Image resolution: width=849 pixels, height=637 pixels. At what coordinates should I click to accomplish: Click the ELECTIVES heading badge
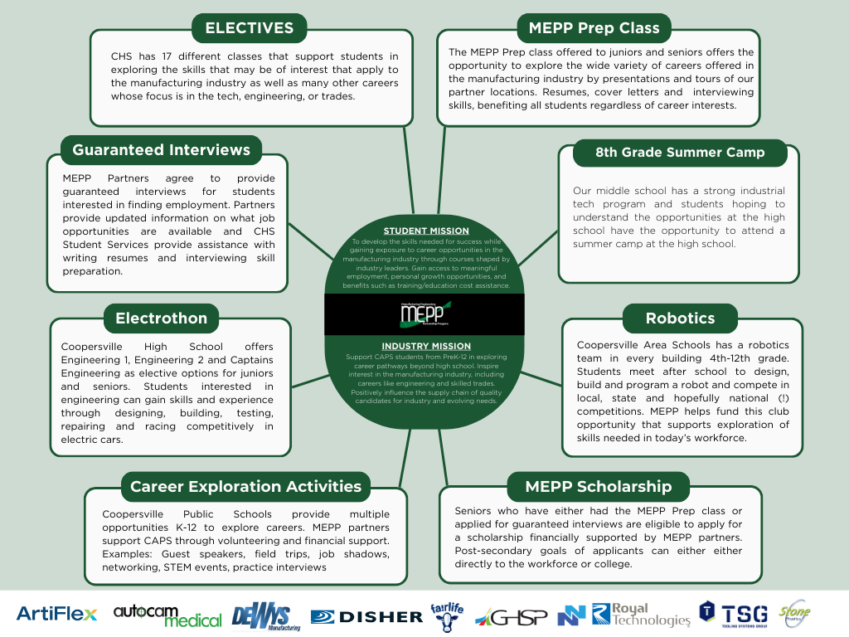click(250, 28)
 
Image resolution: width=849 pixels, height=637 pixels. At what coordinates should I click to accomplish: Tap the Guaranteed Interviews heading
click(161, 150)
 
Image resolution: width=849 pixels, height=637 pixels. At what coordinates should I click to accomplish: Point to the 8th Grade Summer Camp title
click(680, 153)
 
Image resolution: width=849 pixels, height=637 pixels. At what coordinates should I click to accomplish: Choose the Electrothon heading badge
click(161, 318)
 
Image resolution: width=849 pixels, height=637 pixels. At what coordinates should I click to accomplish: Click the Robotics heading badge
click(680, 318)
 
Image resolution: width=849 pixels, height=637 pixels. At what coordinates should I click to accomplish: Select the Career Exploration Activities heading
click(245, 486)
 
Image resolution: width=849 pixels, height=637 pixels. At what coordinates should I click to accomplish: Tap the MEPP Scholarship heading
click(599, 486)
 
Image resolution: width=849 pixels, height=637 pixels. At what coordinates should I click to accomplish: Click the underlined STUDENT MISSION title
click(425, 231)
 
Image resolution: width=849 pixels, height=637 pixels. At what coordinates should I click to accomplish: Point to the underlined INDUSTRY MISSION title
click(426, 346)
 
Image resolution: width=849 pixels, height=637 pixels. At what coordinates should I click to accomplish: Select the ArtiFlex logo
click(56, 615)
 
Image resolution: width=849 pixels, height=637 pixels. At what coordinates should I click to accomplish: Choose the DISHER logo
click(366, 616)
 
